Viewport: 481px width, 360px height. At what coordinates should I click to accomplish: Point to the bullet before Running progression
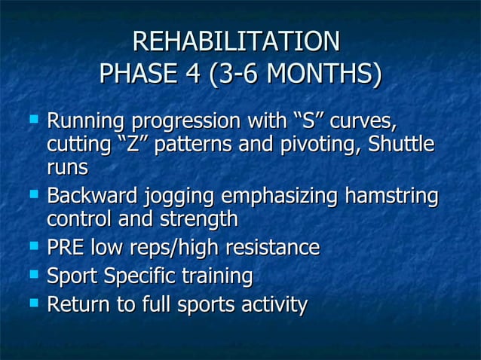pos(33,118)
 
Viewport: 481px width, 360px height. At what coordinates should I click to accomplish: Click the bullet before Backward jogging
pos(33,194)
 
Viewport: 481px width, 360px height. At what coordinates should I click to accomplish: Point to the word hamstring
pos(391,197)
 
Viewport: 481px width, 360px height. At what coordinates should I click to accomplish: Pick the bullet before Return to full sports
pos(33,302)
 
